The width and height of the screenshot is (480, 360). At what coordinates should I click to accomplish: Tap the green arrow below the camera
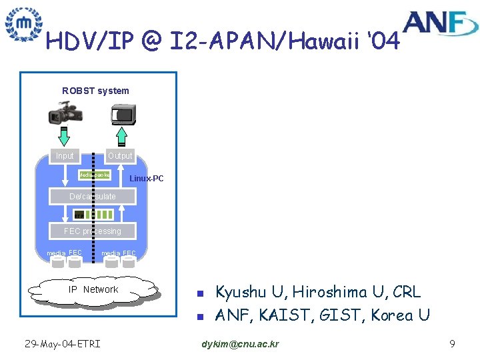click(64, 136)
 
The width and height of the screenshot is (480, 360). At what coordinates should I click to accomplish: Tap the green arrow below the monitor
click(121, 136)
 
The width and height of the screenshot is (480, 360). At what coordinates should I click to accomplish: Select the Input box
click(65, 155)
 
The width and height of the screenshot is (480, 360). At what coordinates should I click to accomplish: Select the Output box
click(120, 155)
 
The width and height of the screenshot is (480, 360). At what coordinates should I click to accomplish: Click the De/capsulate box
click(93, 196)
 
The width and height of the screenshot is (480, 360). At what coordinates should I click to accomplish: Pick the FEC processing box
click(93, 231)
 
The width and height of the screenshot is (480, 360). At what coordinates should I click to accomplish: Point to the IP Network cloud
click(93, 289)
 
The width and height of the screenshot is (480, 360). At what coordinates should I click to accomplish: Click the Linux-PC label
click(146, 179)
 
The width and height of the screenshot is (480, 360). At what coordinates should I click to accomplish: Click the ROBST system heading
click(95, 91)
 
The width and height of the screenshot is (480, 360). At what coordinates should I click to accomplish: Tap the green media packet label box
click(94, 175)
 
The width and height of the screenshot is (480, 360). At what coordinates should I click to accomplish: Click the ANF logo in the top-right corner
click(441, 23)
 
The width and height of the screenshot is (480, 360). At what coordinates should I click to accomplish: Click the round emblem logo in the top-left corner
click(23, 24)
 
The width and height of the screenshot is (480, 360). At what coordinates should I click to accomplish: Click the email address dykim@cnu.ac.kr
click(240, 344)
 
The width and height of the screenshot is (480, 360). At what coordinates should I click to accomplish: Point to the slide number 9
click(452, 344)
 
